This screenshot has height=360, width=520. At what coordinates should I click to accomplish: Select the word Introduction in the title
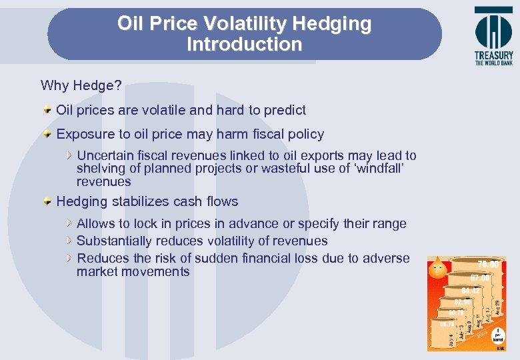point(244,45)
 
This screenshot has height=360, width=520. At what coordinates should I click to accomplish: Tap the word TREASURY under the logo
point(493,56)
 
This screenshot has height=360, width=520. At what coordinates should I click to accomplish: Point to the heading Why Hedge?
point(81,85)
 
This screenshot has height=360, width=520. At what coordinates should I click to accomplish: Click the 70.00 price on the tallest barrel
point(488,265)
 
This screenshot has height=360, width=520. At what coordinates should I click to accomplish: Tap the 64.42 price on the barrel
point(471,291)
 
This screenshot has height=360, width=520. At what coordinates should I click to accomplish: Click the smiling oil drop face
point(437,269)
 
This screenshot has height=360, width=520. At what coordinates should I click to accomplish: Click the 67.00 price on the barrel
point(480,277)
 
